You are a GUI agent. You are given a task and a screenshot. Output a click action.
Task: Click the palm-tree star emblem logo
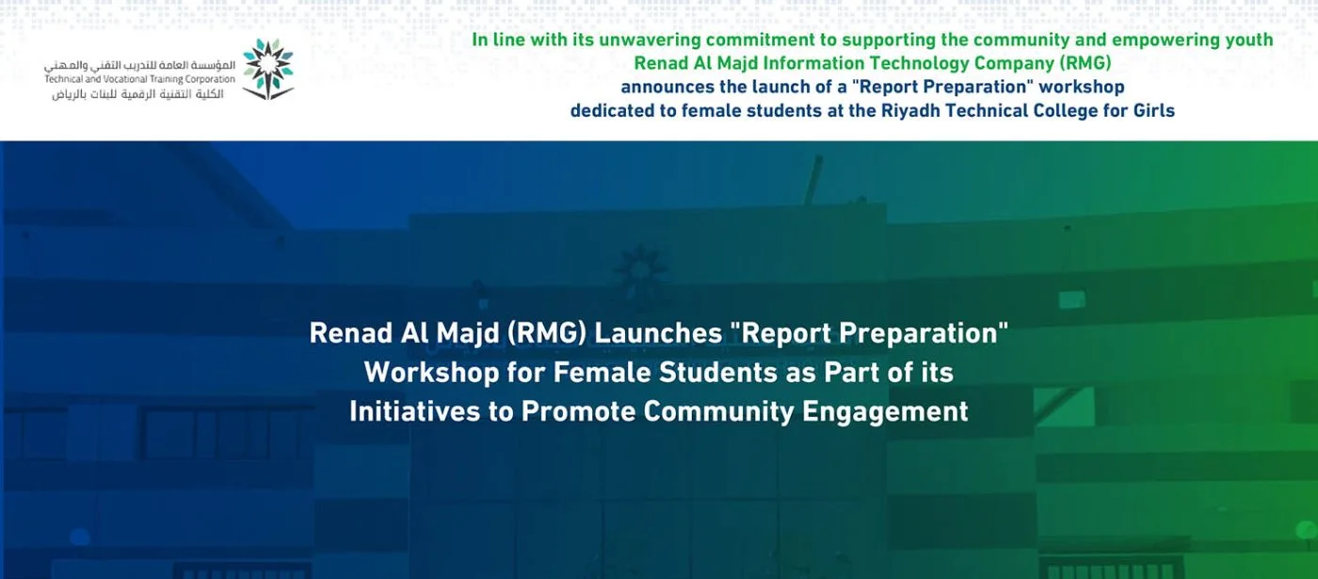268,69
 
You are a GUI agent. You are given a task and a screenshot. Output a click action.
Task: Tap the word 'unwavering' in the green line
650,40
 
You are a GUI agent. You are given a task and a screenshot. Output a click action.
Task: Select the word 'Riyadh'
910,111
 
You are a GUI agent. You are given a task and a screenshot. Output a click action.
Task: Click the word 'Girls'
1150,111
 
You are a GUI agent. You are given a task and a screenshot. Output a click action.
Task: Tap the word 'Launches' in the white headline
658,333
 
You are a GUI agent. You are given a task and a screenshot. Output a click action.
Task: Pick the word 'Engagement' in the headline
885,412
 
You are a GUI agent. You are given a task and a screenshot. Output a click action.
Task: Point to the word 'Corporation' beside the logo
210,79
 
